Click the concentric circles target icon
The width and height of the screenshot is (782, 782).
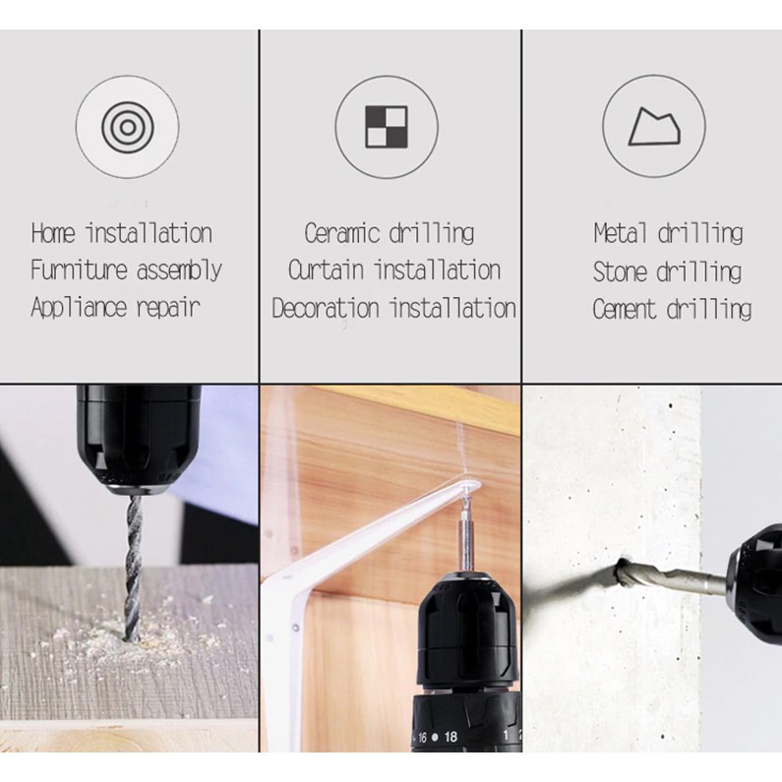coord(127,127)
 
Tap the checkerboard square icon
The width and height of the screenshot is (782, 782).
coord(387,127)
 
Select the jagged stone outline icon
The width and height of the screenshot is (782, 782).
coord(654,127)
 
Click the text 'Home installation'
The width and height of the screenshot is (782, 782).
coord(122,233)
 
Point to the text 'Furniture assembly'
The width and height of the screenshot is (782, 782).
coord(126,271)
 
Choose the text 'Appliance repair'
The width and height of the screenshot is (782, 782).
coord(116,307)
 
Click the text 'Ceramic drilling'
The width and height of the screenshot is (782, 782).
coord(389,233)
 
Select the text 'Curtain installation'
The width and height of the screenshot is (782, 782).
coord(394,271)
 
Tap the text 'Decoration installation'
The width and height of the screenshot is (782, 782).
coord(394,308)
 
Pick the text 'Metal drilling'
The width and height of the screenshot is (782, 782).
coord(668,233)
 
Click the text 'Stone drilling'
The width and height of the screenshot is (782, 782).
coord(667,271)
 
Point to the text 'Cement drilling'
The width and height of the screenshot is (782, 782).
coord(672,309)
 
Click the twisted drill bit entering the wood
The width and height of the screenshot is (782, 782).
coord(133,567)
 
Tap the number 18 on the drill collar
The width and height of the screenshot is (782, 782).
coord(451,737)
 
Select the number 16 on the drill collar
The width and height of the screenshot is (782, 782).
coord(422,737)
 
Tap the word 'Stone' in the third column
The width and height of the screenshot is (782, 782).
coord(619,271)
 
